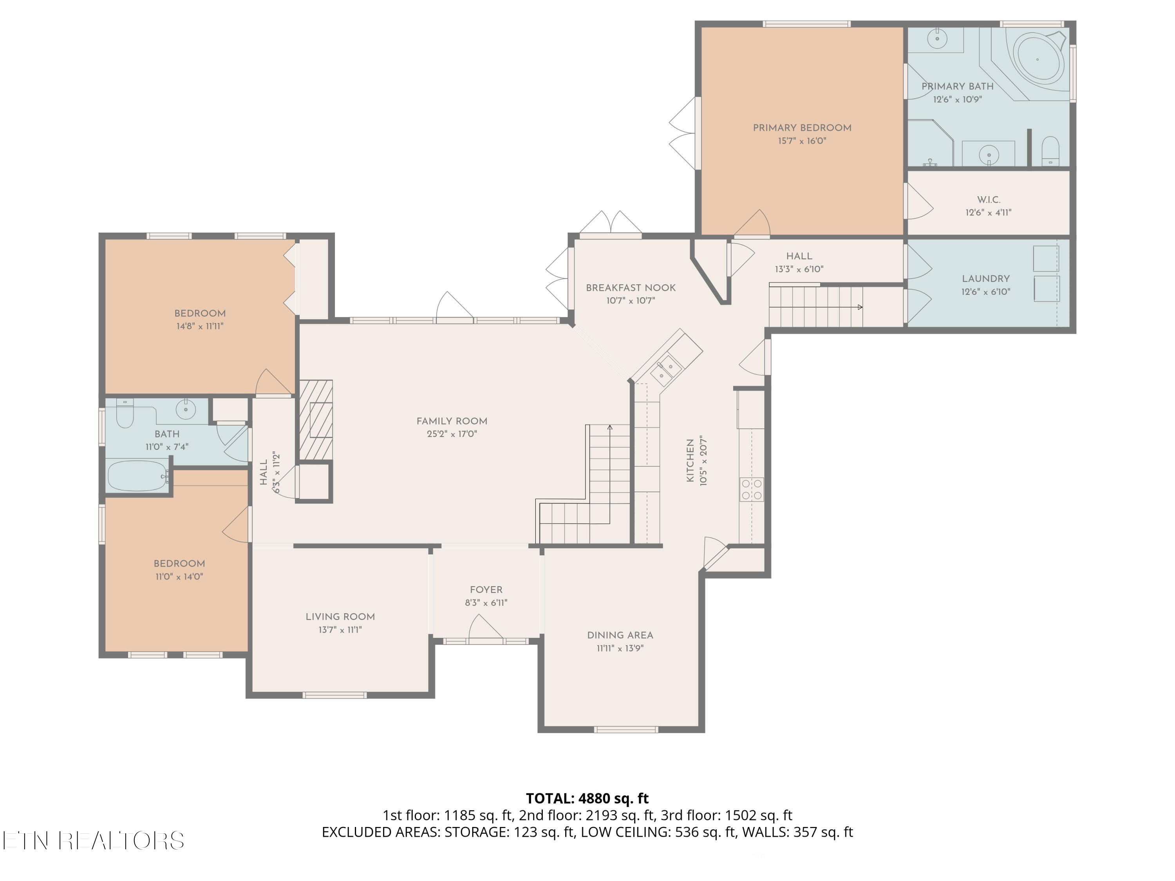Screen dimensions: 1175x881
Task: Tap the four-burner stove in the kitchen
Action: (x=752, y=489)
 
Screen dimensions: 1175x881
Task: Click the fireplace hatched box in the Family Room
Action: (x=316, y=419)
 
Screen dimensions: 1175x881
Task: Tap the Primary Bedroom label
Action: (x=802, y=128)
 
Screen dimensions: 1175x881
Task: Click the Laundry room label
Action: (x=986, y=279)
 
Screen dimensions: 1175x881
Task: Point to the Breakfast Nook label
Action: (x=631, y=288)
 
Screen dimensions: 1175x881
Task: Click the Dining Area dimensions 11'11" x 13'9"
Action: (x=620, y=648)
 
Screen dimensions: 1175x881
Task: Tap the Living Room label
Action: (x=340, y=617)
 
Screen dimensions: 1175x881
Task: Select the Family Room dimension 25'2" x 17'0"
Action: (x=452, y=434)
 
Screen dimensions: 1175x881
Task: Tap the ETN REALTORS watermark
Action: (x=94, y=841)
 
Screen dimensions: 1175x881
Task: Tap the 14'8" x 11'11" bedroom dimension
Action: (x=200, y=327)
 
